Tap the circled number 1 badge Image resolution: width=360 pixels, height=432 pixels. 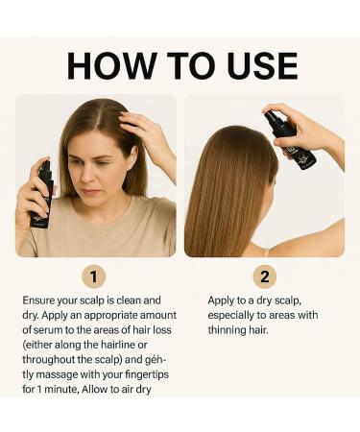[x=93, y=277]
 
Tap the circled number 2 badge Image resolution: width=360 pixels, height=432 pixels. [x=265, y=277]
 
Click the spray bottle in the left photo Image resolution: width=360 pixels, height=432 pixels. [x=40, y=193]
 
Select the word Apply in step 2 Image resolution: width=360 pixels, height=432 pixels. [x=223, y=300]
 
